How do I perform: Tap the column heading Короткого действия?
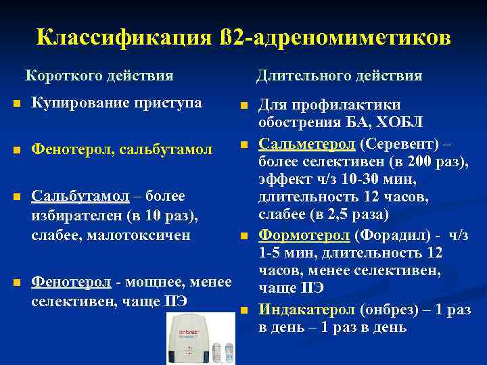(x=99, y=75)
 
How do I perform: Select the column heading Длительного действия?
(x=339, y=75)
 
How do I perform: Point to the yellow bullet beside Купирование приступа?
(x=16, y=104)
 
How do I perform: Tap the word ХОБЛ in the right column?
(x=400, y=122)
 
